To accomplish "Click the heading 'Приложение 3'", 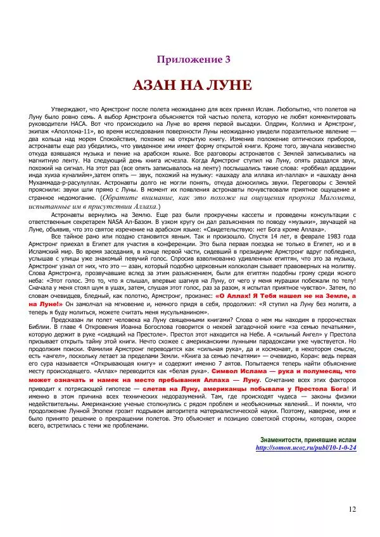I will [189, 60].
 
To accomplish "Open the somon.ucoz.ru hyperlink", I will [305, 465].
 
